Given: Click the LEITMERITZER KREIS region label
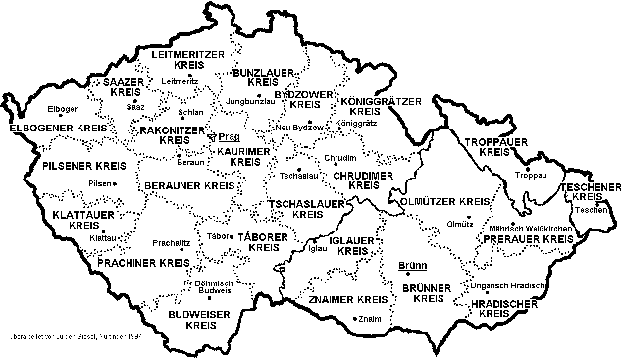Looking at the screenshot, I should pos(181,59).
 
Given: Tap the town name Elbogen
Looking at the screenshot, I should pos(62,108).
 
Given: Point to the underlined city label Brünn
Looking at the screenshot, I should pos(412,265).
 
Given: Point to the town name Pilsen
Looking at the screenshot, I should pos(100,183).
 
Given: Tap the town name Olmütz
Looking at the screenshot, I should pos(460,224).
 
